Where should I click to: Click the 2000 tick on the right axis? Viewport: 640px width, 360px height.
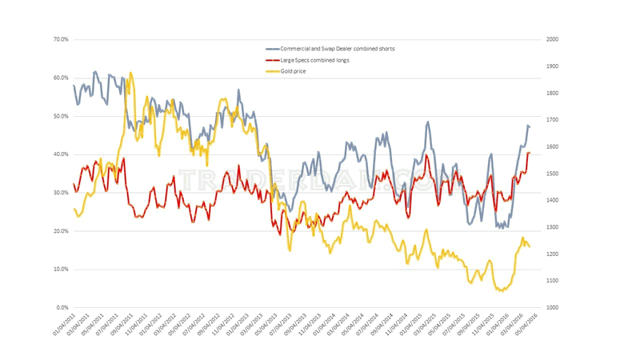coord(553,39)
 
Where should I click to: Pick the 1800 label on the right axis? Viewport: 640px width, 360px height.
coord(553,93)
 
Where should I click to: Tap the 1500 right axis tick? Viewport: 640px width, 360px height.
coord(553,174)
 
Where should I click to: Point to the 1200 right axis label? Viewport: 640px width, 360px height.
coord(553,254)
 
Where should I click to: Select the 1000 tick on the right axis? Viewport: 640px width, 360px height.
coord(553,308)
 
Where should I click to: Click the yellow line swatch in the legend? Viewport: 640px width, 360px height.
coord(274,71)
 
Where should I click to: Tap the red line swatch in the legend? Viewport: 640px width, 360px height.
coord(274,60)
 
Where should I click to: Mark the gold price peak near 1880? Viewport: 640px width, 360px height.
coord(130,73)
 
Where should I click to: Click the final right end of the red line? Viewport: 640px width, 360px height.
coord(530,152)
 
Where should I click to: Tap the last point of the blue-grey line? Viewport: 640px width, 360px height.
coord(530,126)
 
